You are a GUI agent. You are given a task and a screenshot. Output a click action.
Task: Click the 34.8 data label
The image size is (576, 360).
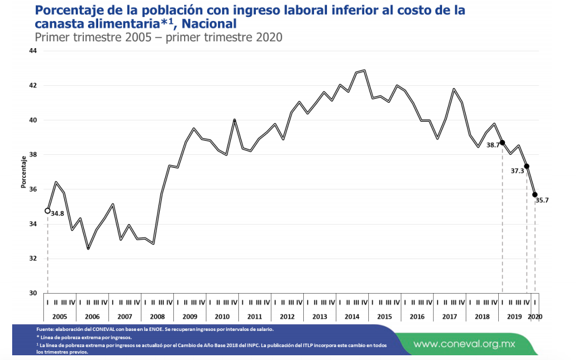(x=58, y=214)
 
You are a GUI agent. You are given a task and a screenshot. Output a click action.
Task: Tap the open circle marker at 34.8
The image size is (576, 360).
(x=47, y=210)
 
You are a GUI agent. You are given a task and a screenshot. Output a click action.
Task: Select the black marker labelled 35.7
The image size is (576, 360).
(x=535, y=195)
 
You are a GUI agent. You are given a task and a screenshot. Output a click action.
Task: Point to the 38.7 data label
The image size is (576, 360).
(x=493, y=145)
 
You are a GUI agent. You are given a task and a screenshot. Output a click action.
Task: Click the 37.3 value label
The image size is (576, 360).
(x=517, y=171)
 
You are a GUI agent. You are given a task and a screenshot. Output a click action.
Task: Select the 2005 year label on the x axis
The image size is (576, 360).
(x=60, y=316)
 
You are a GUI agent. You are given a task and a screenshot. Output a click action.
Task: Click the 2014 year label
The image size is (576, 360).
(x=353, y=316)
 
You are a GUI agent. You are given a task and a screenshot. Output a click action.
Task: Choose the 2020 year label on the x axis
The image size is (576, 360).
(x=535, y=316)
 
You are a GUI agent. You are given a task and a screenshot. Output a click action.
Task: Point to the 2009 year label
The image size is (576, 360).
(x=190, y=316)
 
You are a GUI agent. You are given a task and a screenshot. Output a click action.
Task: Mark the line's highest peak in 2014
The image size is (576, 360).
(x=365, y=70)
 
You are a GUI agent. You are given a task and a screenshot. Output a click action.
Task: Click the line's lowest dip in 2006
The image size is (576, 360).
(x=88, y=249)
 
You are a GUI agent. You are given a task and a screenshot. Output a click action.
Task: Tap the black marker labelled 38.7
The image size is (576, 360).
(x=502, y=142)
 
